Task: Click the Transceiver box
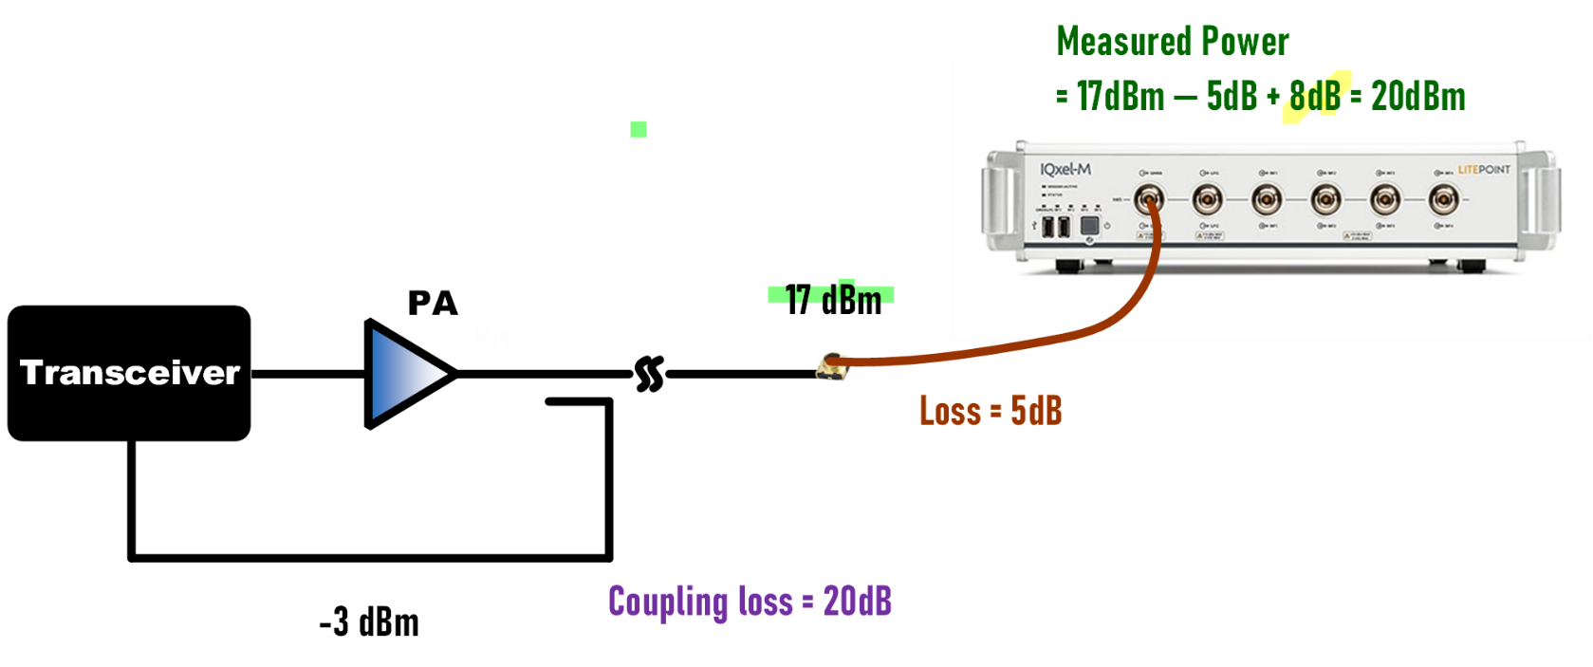tap(129, 373)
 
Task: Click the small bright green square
tap(639, 129)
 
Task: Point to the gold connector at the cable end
tap(832, 366)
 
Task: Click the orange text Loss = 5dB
tap(991, 411)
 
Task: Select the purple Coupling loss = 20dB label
tap(750, 602)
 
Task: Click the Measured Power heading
tap(1172, 41)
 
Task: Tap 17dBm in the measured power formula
tap(1120, 96)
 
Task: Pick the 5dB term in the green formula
tap(1232, 96)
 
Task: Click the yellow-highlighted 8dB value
tap(1315, 96)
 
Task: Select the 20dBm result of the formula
tap(1417, 96)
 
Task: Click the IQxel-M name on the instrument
tap(1065, 169)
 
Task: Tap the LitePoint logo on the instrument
tap(1484, 169)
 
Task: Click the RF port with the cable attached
tap(1149, 200)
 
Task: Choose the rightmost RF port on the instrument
tap(1444, 200)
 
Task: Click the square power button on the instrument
tap(1089, 226)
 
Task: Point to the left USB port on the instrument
tap(1048, 227)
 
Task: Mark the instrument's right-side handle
tap(1546, 200)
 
